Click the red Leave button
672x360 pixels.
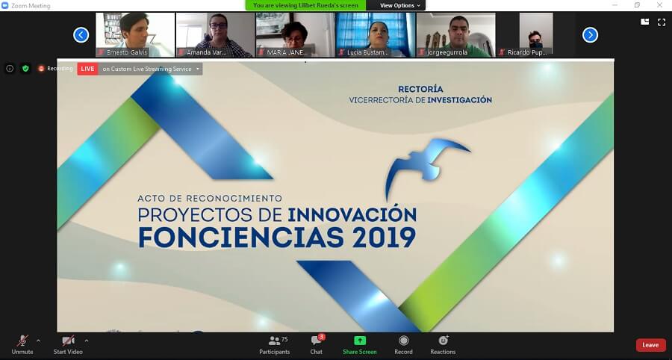click(x=650, y=345)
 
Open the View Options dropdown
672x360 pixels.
click(x=401, y=5)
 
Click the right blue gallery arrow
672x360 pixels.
click(x=590, y=34)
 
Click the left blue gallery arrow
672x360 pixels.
click(x=81, y=34)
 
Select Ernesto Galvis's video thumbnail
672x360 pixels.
click(x=135, y=34)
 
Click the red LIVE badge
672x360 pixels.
click(x=87, y=69)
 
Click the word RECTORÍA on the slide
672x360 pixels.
click(x=420, y=89)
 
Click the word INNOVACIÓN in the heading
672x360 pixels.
click(x=352, y=214)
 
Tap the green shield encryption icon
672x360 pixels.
click(x=25, y=69)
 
